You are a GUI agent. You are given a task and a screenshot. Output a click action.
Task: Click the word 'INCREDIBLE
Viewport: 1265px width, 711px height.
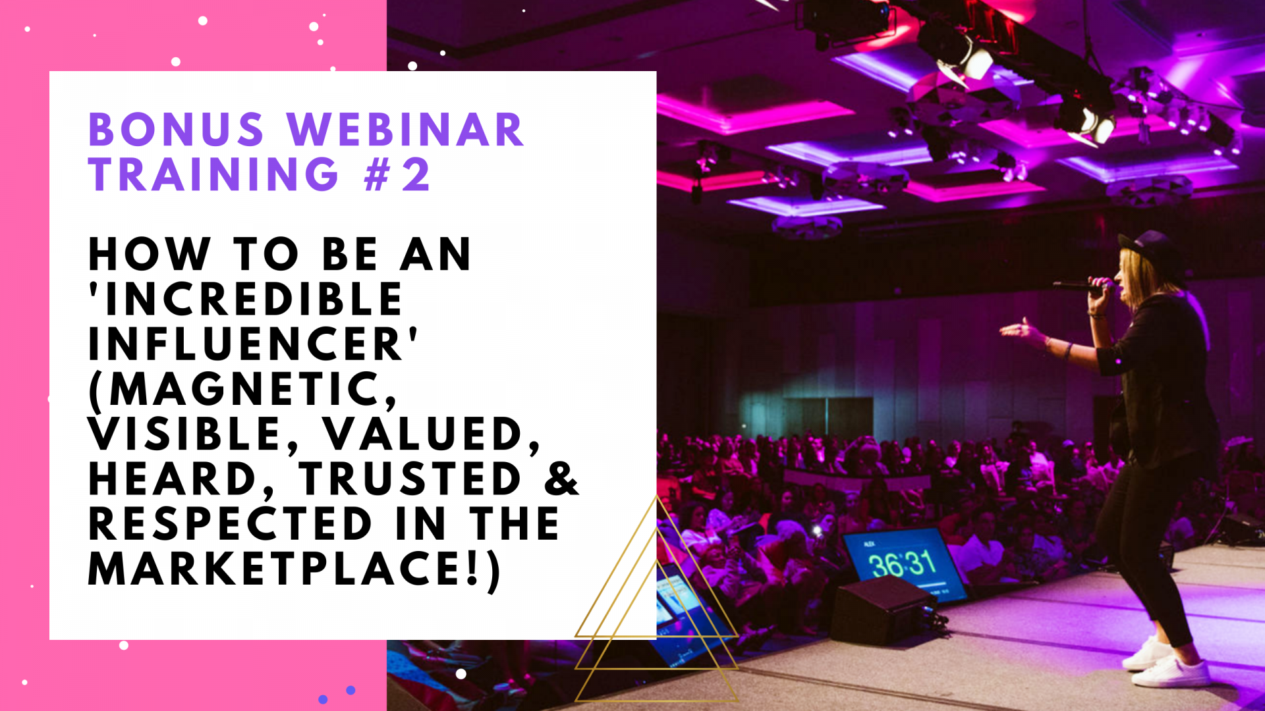tap(246, 299)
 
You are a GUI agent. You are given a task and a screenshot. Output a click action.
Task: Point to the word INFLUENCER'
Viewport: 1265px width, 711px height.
tap(253, 344)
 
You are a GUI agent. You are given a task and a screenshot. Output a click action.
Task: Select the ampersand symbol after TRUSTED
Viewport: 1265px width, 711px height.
tap(561, 478)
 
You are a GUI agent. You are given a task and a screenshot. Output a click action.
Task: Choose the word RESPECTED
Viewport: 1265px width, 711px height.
tap(231, 523)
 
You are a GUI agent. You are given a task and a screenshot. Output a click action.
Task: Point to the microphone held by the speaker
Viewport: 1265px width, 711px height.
tap(1081, 287)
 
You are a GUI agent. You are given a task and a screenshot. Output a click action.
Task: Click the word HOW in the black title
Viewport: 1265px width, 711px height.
tap(149, 254)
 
